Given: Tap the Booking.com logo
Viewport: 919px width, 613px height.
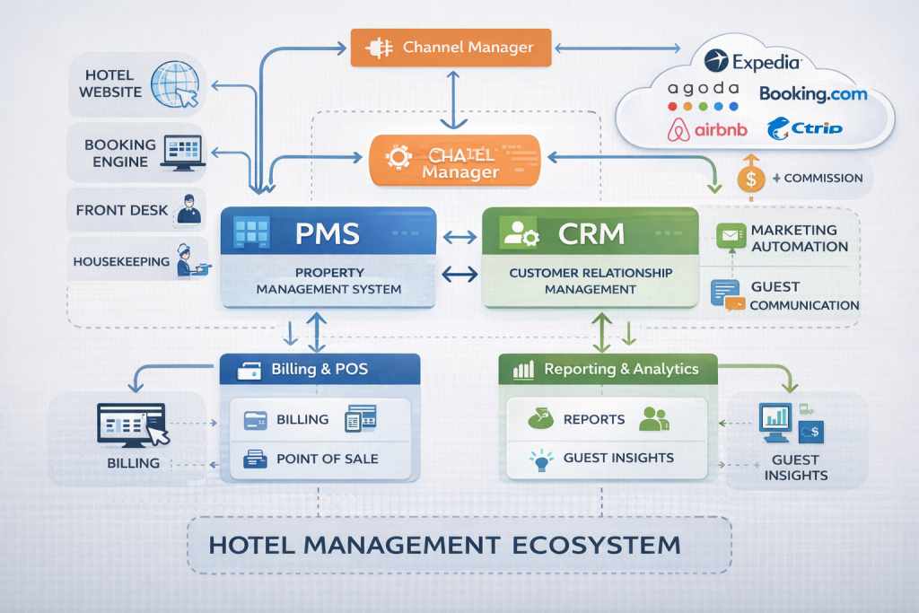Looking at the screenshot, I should point(813,92).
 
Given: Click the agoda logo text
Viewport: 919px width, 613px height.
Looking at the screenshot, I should point(705,89).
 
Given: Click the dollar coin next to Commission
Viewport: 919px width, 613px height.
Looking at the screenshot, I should point(751,179).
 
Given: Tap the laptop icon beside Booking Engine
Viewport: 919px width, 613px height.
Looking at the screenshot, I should point(182,152).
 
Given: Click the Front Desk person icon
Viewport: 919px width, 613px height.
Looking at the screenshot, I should point(188,210).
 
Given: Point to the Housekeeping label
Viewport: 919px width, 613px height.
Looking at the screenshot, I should point(121,262).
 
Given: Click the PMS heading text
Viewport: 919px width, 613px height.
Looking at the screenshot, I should point(327,233).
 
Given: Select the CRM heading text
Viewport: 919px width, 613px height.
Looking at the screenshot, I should point(591,233).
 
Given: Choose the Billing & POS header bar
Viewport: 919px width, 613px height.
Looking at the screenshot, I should point(319,369).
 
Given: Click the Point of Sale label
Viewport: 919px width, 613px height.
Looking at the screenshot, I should point(327,459).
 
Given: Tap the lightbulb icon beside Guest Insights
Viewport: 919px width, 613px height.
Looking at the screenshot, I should point(539,460).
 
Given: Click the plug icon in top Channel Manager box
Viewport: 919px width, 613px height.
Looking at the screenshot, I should point(379,47).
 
